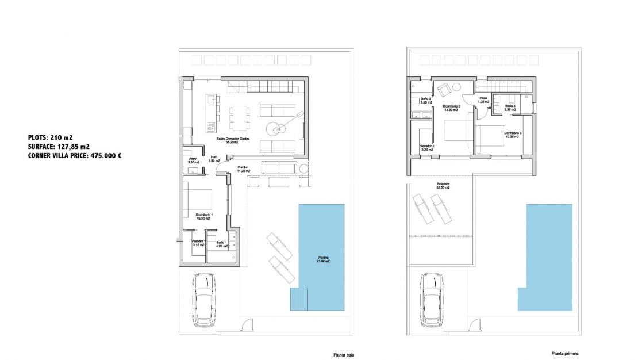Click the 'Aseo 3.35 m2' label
pos(193,160)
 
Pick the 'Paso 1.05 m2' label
pos(483,100)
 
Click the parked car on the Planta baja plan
pos(203,299)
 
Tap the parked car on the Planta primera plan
pos(431,299)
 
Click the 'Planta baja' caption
pos(344,355)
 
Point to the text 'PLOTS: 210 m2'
pos(50,137)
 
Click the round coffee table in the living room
pos(279,128)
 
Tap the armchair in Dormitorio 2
pos(443,90)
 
